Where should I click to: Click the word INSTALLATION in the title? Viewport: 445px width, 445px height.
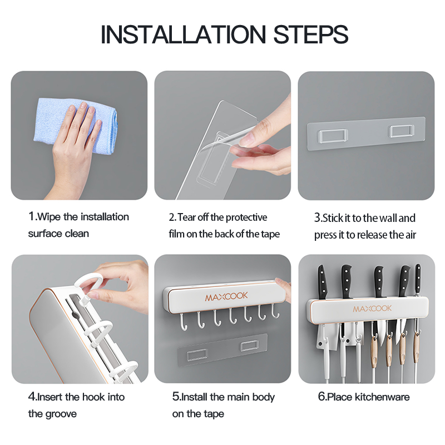(x=184, y=34)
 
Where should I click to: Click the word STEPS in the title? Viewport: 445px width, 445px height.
(x=311, y=34)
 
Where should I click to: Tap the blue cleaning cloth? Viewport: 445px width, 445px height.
(x=77, y=125)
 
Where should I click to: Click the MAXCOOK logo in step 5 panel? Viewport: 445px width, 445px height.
(x=226, y=296)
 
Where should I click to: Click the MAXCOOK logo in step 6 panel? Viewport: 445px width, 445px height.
(x=372, y=309)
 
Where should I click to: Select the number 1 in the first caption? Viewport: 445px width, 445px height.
(x=32, y=216)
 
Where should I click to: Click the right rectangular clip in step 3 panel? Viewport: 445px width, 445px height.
(x=401, y=131)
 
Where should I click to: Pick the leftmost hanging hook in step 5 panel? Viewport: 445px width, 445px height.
(x=184, y=322)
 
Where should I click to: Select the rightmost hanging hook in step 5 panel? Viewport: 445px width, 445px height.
(x=275, y=311)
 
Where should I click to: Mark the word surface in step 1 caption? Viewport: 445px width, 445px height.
(x=44, y=234)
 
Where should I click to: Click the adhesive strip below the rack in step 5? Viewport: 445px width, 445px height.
(x=222, y=350)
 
